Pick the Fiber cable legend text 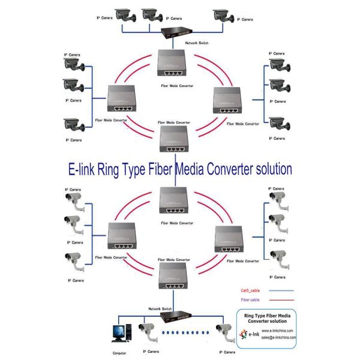tap(250, 299)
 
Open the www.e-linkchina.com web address tap(277, 331)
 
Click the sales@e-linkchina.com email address tap(278, 337)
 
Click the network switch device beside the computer tap(174, 316)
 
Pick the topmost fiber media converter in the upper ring tap(175, 62)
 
